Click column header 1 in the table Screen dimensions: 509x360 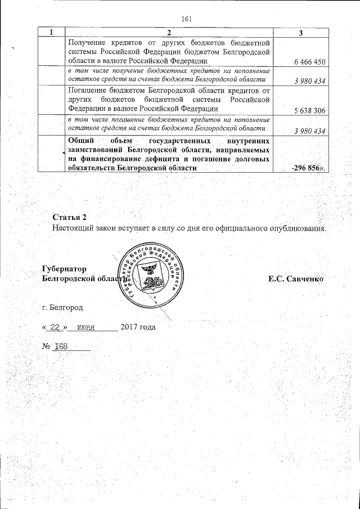(52, 33)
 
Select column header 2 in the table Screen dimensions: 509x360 (169, 33)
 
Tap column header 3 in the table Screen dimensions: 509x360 (301, 33)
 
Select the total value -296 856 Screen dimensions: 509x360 (308, 168)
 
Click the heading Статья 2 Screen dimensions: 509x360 (70, 217)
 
